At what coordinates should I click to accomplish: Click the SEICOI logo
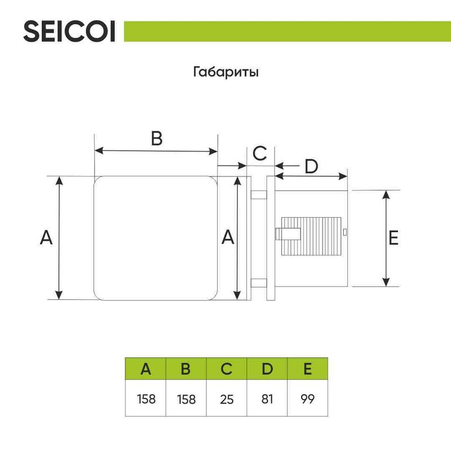coord(69,32)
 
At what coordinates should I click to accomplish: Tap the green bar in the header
coord(286,31)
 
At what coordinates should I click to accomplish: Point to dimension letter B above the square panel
coord(156,139)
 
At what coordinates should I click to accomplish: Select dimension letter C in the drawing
coord(259,153)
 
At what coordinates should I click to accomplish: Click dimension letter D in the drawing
coord(311,167)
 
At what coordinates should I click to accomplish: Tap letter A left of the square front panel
coord(46,238)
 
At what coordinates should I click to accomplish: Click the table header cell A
coord(145,369)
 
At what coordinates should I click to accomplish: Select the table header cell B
coord(186,369)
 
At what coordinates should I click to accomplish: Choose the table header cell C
coord(227,369)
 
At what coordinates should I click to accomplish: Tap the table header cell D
coord(267,369)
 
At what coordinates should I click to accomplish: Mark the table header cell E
coord(307,369)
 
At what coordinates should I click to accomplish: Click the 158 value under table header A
coord(145,399)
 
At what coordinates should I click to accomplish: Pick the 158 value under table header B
coord(186,399)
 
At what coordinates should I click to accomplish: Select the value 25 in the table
coord(227,399)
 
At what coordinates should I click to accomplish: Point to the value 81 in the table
coord(267,399)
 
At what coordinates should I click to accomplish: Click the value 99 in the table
coord(307,399)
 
